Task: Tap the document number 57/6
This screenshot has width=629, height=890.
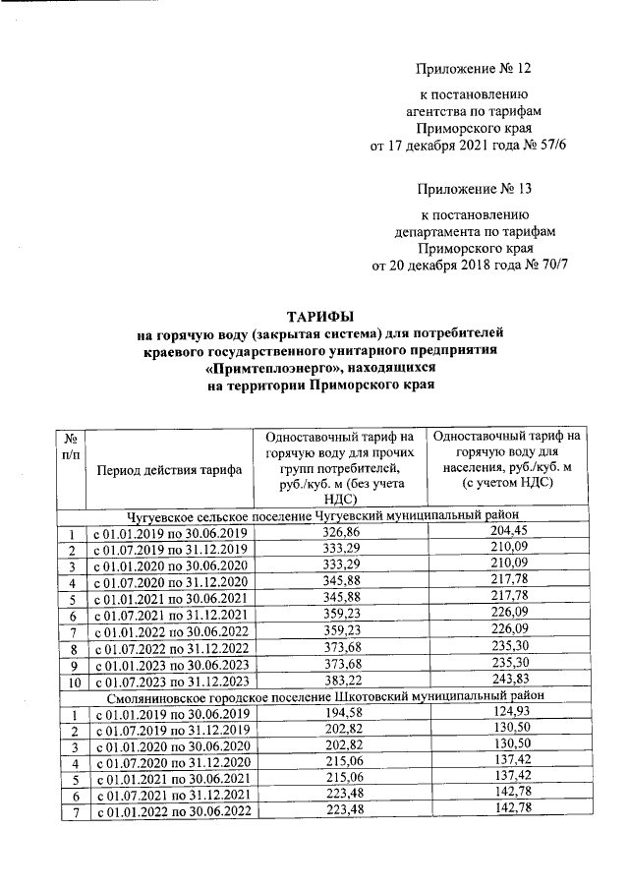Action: [x=553, y=146]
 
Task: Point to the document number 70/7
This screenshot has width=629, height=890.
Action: [x=554, y=265]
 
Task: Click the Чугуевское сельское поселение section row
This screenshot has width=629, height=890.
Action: [x=321, y=514]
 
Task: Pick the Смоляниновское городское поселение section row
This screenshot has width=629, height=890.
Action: [x=321, y=694]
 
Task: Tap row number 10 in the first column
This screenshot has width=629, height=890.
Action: [x=72, y=680]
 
